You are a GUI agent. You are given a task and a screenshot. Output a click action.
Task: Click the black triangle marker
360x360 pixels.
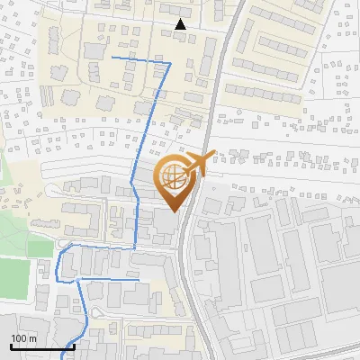coord(181,24)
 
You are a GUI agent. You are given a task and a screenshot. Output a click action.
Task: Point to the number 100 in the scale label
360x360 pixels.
coord(19,338)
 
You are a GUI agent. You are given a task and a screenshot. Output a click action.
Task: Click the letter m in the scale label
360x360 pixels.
coord(32,338)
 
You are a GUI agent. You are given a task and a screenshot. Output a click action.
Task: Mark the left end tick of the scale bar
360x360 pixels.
coord(10,345)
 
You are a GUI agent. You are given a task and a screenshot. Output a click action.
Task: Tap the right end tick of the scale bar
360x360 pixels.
coord(74,345)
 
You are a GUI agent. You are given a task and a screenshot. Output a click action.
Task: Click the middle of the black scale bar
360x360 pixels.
coord(42,346)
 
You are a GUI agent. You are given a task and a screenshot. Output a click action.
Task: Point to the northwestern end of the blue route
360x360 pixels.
coord(112,57)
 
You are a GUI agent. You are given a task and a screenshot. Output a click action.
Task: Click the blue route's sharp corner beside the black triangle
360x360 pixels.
coord(170,64)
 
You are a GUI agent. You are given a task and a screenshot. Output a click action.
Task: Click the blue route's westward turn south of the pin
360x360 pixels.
coord(135,245)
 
